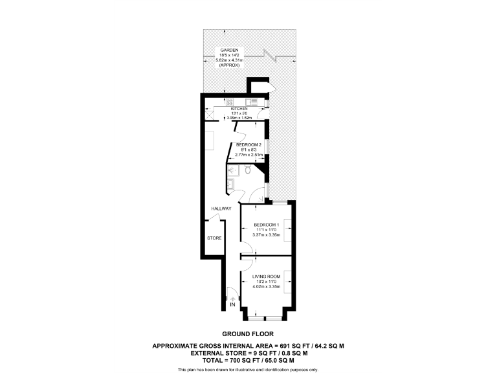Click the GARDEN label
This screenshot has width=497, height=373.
(229, 50)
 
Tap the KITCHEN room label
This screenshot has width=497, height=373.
(230, 109)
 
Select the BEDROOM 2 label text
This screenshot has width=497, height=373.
(248, 144)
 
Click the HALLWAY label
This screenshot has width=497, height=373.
(221, 209)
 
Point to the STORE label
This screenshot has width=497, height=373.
(214, 238)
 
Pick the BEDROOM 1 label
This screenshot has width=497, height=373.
(266, 225)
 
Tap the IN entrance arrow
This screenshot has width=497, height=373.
(233, 297)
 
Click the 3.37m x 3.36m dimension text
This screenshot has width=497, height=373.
(266, 234)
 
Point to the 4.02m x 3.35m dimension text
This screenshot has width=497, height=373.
(266, 286)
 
